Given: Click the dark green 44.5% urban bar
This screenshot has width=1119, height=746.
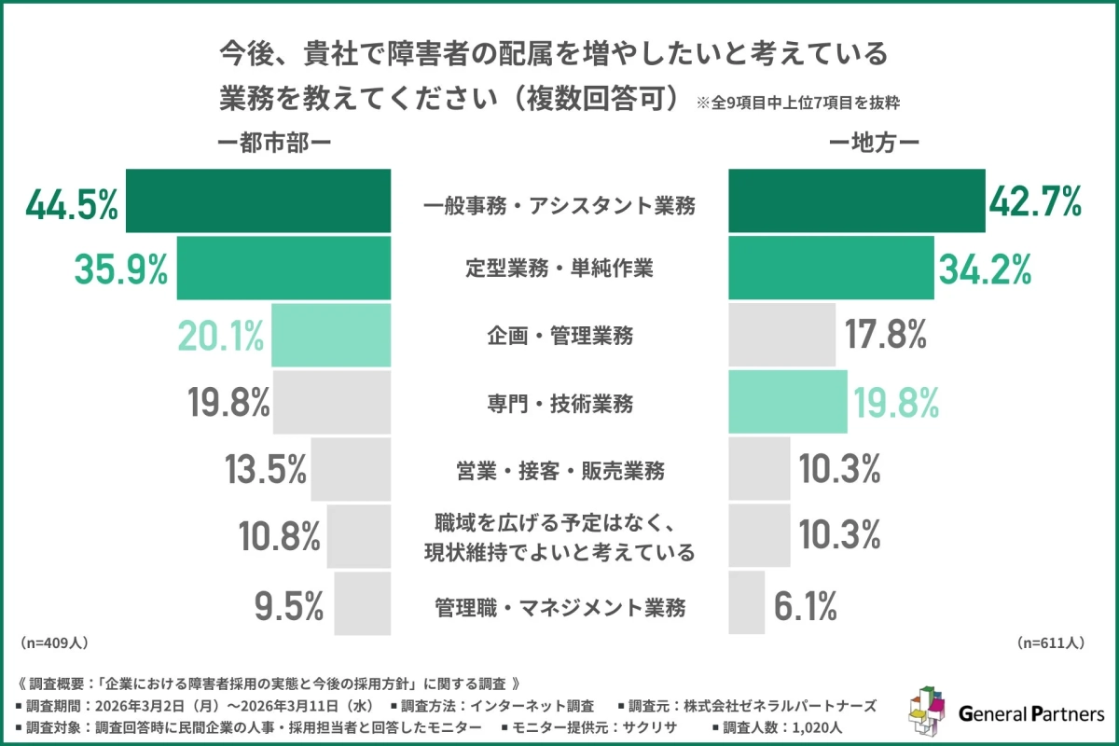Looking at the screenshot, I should point(257,200).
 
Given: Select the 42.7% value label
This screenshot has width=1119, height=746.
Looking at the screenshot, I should point(1034,201).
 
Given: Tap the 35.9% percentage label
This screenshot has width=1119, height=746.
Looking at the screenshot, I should point(120,269).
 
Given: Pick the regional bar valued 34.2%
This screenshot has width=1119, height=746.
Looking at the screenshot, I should point(830,268).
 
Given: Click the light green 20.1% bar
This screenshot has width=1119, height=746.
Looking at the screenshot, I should point(331,336).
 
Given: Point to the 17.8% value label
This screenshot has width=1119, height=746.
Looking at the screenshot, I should point(887,336).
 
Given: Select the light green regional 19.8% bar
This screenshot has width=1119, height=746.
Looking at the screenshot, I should point(787,402).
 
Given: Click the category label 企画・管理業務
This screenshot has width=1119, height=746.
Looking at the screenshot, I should point(559,336).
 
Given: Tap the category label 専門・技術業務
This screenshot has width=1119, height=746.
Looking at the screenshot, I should point(559,403).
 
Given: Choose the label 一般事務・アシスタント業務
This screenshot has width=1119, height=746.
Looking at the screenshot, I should point(559,203).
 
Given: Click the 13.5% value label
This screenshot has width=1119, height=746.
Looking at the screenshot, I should point(266,470).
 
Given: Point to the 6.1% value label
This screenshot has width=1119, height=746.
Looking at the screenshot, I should point(805,608).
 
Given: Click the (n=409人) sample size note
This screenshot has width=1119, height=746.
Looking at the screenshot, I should point(54,642).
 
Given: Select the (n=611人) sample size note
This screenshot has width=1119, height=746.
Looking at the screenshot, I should point(1051,642).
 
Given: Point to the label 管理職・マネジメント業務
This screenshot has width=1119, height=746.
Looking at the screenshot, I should point(559,608).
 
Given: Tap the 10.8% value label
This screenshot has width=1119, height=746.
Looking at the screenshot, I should point(279,537).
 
